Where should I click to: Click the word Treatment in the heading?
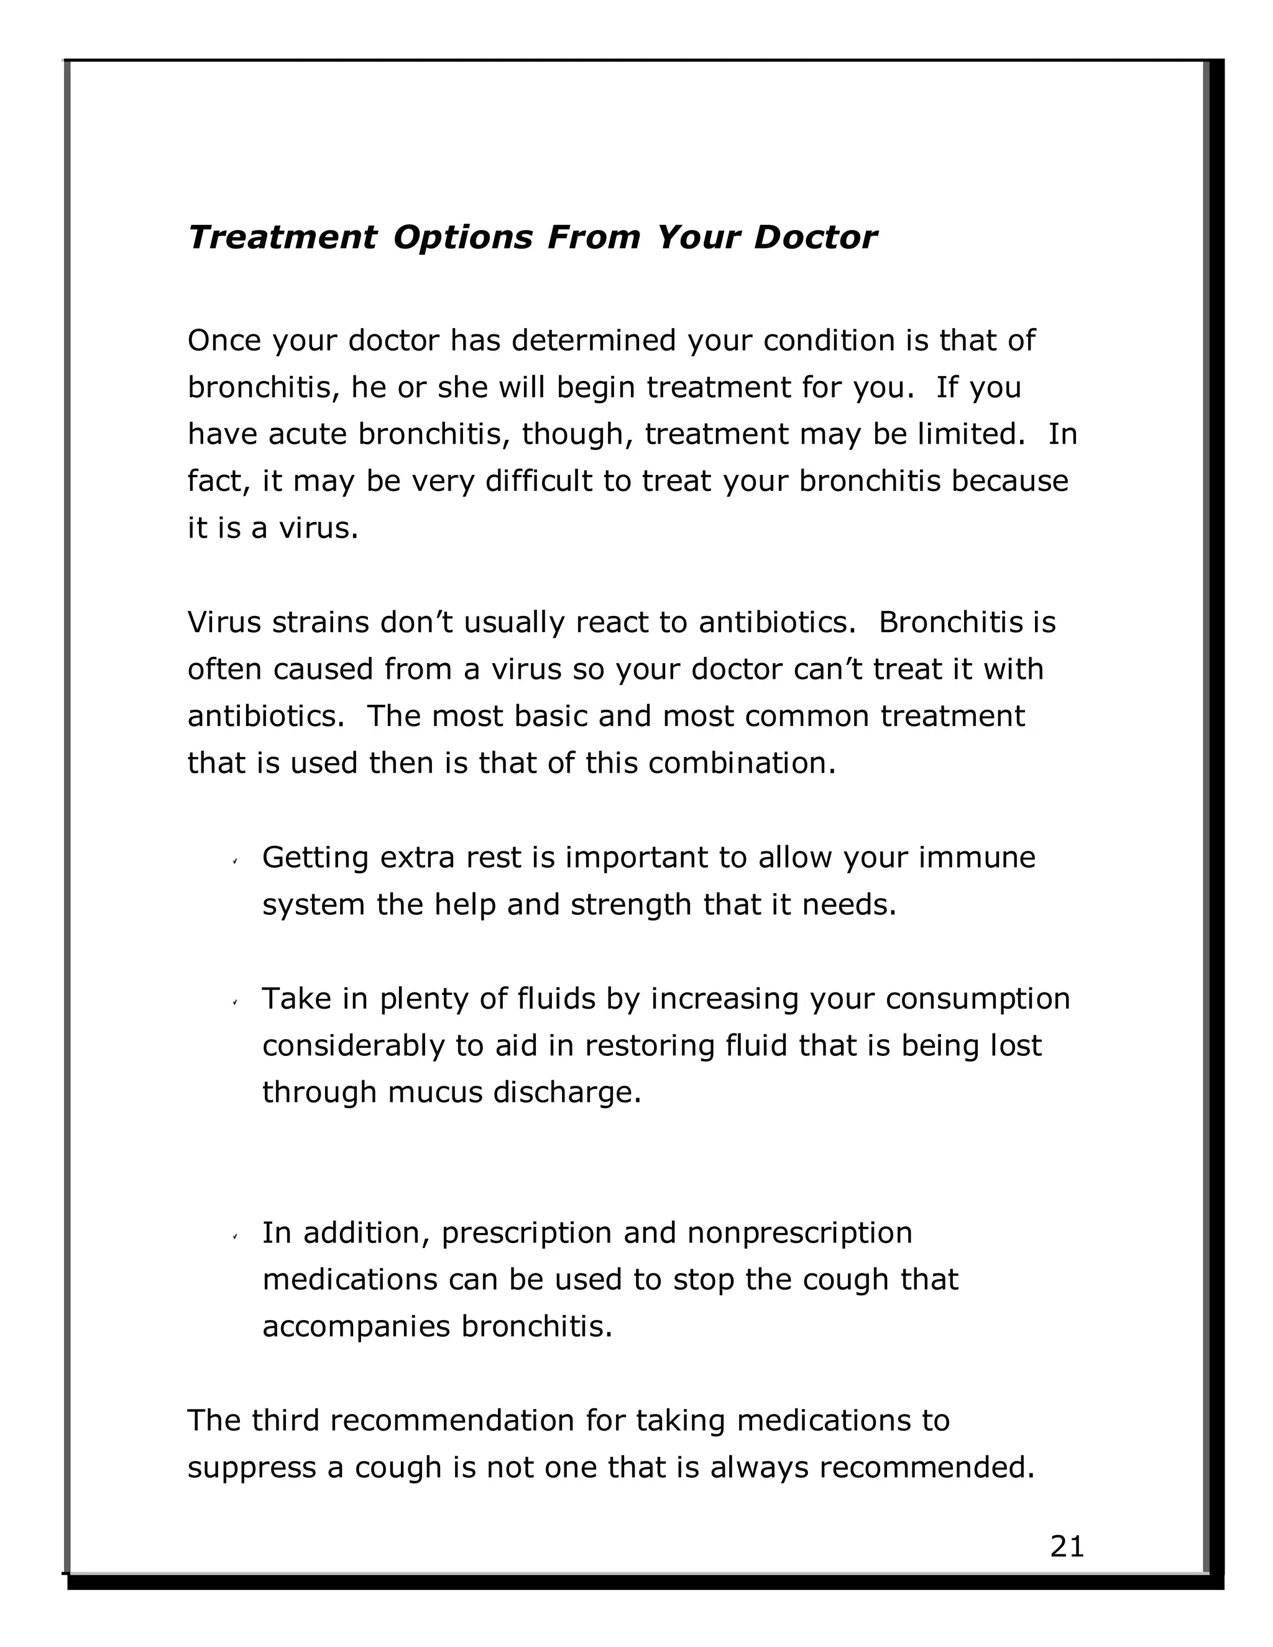pos(282,237)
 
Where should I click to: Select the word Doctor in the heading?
pos(816,237)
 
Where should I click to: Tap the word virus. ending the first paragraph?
pos(318,528)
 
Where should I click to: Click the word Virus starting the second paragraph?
pos(224,622)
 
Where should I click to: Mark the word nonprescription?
pos(799,1233)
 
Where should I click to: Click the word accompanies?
pos(357,1326)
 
